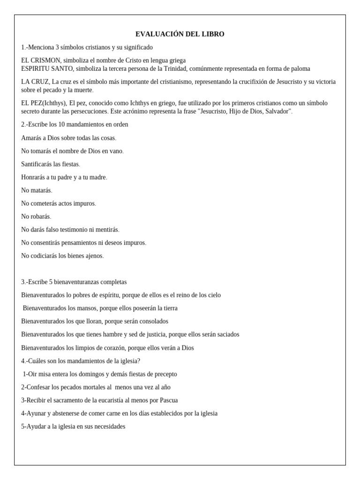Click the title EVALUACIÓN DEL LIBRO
[x=180, y=34]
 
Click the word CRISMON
[x=46, y=60]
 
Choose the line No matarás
[x=37, y=190]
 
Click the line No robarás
[x=36, y=217]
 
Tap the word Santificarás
[x=39, y=164]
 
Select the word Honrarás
[x=34, y=177]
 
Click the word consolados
[x=152, y=322]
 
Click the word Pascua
[x=168, y=400]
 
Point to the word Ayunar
[x=36, y=413]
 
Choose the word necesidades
[x=108, y=427]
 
